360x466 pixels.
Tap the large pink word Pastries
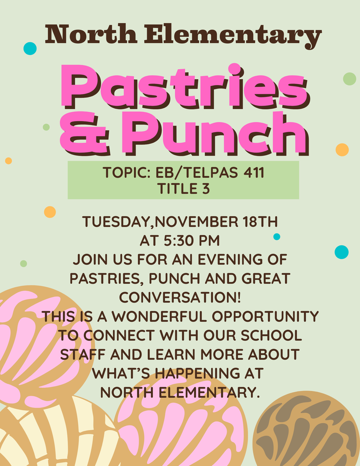[184, 86]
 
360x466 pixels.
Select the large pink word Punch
[214, 133]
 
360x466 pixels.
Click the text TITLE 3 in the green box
[183, 188]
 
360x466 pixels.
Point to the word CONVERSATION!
[180, 297]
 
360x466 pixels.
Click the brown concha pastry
[306, 430]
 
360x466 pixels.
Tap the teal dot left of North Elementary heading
[30, 48]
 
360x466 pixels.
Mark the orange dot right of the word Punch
[342, 150]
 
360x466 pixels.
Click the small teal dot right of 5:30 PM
[277, 237]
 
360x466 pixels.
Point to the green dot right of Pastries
[349, 79]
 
